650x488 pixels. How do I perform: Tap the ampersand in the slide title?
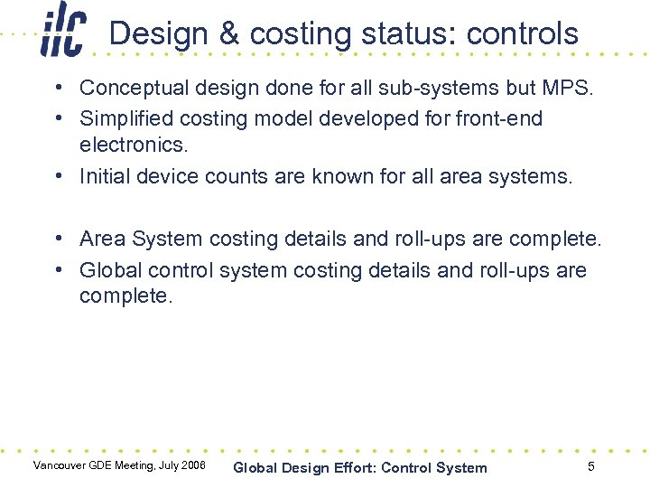click(228, 34)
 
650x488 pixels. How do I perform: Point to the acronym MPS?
click(565, 88)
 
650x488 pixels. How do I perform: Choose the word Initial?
click(104, 176)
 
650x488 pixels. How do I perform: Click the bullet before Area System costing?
click(57, 239)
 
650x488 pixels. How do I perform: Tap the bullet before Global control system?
click(57, 270)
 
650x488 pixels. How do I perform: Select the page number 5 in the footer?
click(590, 466)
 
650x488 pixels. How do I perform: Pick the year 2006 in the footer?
click(192, 465)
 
